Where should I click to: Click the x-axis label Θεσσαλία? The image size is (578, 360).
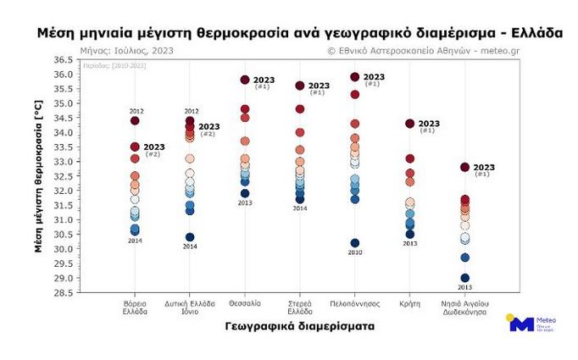245,303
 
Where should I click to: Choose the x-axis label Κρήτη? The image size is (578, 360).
409,303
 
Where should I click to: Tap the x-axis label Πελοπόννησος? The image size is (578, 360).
355,303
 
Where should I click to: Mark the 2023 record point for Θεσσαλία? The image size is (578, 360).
245,80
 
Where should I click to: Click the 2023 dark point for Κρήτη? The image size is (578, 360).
410,124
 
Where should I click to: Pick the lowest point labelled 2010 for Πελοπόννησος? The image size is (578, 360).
355,243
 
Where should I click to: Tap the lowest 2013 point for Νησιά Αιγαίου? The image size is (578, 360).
464,278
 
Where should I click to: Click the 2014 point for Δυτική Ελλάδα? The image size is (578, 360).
190,237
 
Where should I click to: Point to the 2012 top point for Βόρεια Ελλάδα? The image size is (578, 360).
135,121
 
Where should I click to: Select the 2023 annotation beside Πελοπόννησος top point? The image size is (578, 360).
374,77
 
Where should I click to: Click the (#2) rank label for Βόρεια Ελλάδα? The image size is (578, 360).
153,154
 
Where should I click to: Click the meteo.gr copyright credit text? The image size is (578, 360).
444,51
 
